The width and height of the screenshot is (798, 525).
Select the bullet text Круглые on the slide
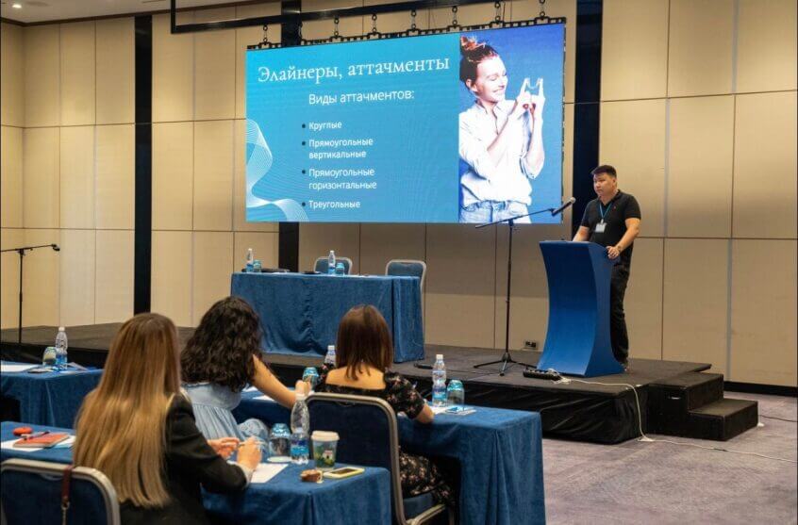[x=325, y=125]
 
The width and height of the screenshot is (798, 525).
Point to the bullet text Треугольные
[x=334, y=204]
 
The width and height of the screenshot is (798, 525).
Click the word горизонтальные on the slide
[x=342, y=185]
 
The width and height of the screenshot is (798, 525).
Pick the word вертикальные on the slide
[x=337, y=154]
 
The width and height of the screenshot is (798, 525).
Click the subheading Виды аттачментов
[x=361, y=98]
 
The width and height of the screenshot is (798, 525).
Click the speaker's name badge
[x=601, y=226]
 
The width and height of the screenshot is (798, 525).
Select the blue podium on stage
[x=580, y=308]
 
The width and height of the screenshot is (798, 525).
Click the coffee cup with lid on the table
[x=324, y=449]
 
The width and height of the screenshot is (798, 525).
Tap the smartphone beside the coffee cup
[x=343, y=472]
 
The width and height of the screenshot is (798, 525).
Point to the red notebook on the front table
[x=42, y=439]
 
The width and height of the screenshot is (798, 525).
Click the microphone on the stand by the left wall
[x=55, y=247]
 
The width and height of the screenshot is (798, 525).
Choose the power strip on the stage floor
[x=542, y=374]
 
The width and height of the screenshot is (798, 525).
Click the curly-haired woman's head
[x=223, y=342]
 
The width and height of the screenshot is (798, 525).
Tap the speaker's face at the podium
[x=604, y=183]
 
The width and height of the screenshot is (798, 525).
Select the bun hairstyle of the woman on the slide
[x=472, y=44]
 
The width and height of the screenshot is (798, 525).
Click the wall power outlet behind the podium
[x=531, y=344]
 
